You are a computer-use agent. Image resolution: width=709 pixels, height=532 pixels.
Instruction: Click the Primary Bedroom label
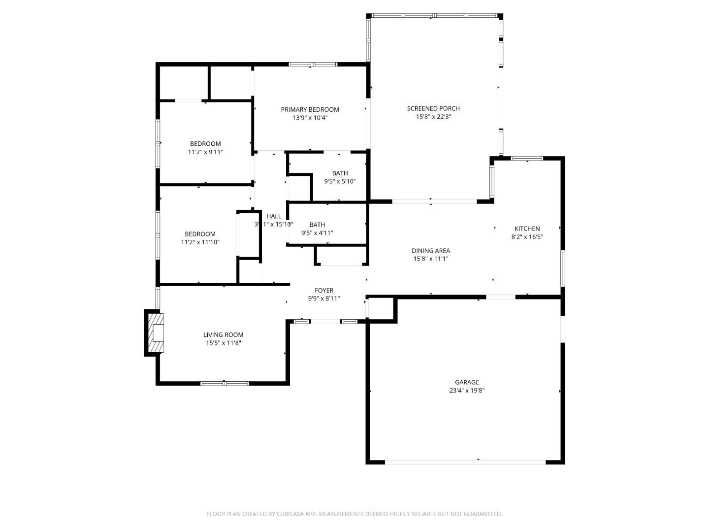[310, 109]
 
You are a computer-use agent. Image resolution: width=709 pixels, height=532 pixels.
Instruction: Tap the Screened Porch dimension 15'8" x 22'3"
[433, 117]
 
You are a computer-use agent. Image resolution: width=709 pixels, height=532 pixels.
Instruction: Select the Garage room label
[466, 382]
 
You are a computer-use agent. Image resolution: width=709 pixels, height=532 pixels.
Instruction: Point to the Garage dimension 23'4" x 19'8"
[466, 391]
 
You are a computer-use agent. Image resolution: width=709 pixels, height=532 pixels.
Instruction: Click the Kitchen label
[527, 229]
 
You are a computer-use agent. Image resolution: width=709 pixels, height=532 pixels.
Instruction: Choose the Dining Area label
[431, 251]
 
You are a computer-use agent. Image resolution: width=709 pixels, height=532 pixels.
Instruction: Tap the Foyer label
[324, 291]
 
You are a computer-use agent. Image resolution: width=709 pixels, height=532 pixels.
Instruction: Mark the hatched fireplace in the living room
[156, 333]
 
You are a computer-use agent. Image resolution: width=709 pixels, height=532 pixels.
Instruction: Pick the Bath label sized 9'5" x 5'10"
[340, 173]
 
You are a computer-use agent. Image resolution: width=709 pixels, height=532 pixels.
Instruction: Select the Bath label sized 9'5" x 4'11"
[317, 225]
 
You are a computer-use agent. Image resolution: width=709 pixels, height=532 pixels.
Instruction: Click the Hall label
[274, 216]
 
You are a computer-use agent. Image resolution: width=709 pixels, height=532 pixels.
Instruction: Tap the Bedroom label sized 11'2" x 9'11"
[205, 144]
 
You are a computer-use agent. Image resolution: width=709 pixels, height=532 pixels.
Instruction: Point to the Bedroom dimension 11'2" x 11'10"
[200, 242]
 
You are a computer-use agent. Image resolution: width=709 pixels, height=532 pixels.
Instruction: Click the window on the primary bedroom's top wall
[313, 64]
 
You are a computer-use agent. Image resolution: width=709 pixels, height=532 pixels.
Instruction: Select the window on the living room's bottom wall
[225, 383]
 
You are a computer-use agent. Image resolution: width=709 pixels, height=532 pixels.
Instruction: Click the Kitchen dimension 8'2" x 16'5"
[527, 237]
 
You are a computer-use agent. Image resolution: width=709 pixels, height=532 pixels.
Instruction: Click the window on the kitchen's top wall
[527, 158]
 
